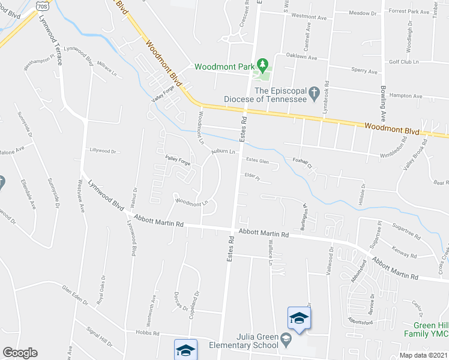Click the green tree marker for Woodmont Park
point(262,64)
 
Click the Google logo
point(20,353)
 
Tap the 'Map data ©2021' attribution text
point(423,355)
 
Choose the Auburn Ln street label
point(221,151)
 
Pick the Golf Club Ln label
point(403,62)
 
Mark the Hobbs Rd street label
point(147,333)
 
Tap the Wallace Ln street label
point(270,252)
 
